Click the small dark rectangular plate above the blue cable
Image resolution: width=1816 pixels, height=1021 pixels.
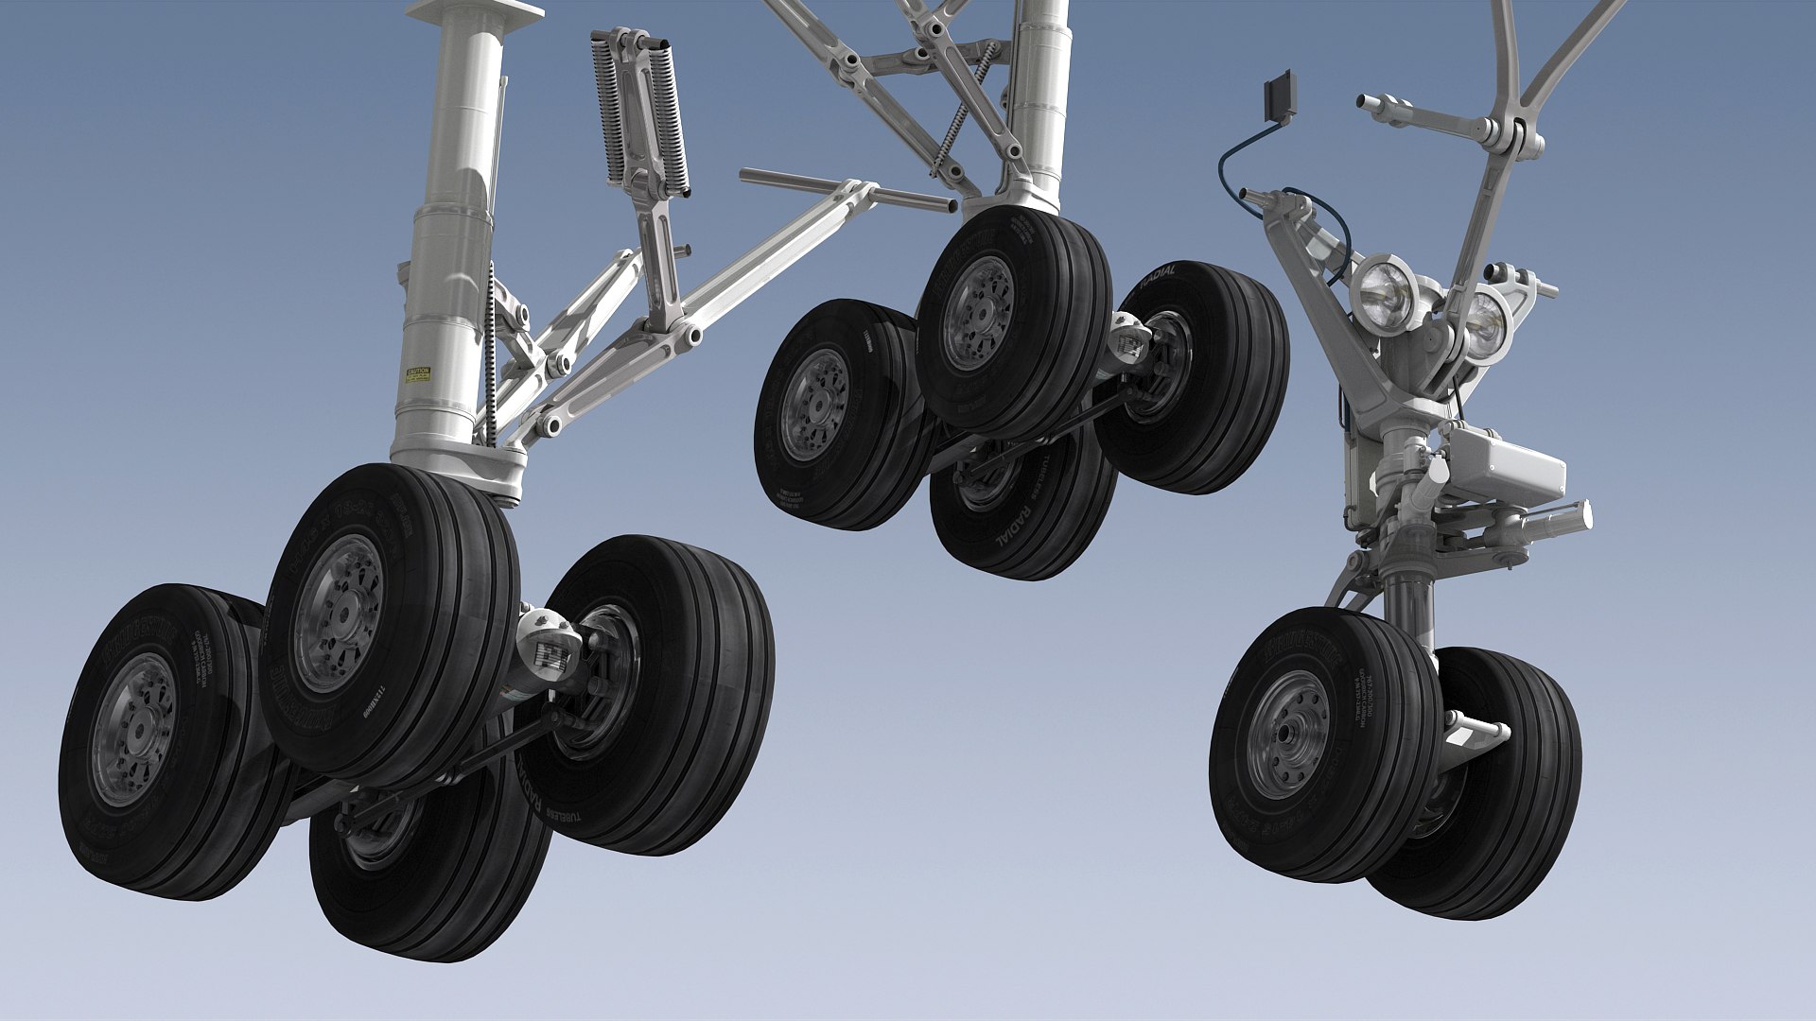[x=1281, y=95]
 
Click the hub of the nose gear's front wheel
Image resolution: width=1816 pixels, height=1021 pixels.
[x=1288, y=735]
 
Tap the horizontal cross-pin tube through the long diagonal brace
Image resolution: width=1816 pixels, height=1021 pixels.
[x=846, y=189]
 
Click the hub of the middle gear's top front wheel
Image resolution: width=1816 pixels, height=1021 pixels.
[x=978, y=313]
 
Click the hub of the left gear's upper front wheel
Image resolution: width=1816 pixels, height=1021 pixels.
[x=339, y=613]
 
